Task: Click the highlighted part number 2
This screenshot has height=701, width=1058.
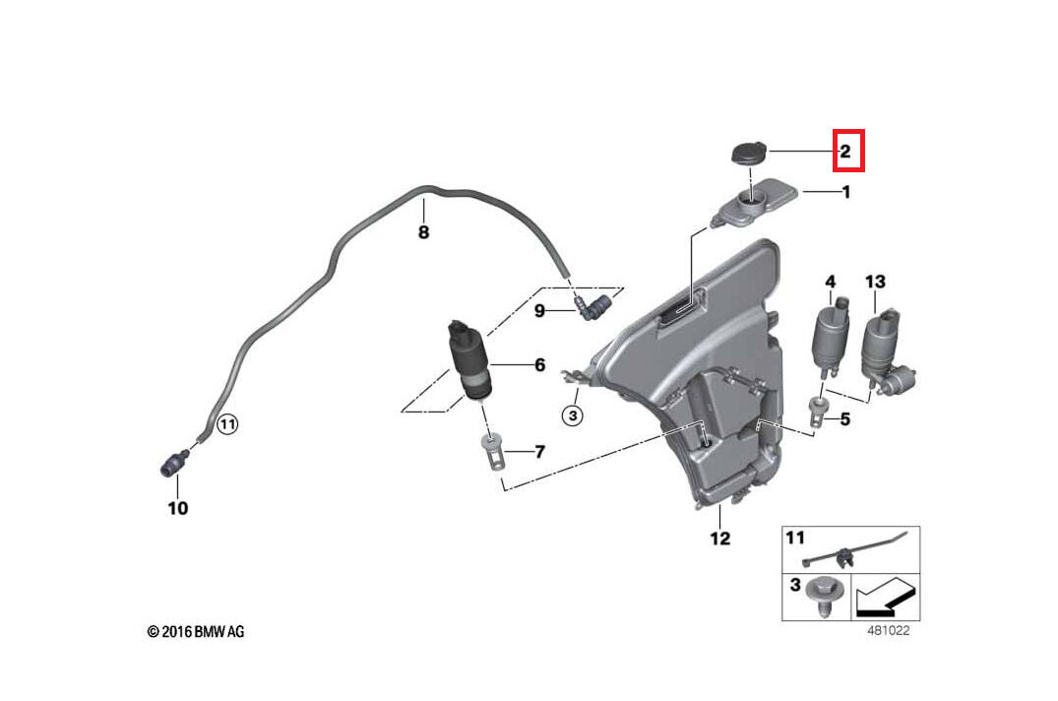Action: (x=844, y=152)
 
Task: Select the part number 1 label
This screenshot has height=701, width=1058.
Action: (x=843, y=193)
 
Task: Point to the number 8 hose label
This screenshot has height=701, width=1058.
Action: (x=423, y=233)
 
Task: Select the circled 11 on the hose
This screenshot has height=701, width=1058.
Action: (x=227, y=425)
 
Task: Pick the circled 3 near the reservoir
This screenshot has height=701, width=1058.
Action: (x=574, y=416)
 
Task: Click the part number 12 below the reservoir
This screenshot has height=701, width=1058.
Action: (x=720, y=539)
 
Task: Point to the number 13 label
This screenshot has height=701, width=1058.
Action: (x=875, y=282)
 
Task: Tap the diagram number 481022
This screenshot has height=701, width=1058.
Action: (x=888, y=631)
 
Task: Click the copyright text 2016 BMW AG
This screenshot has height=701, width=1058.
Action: (x=195, y=631)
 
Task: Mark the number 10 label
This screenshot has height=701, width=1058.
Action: (x=177, y=509)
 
